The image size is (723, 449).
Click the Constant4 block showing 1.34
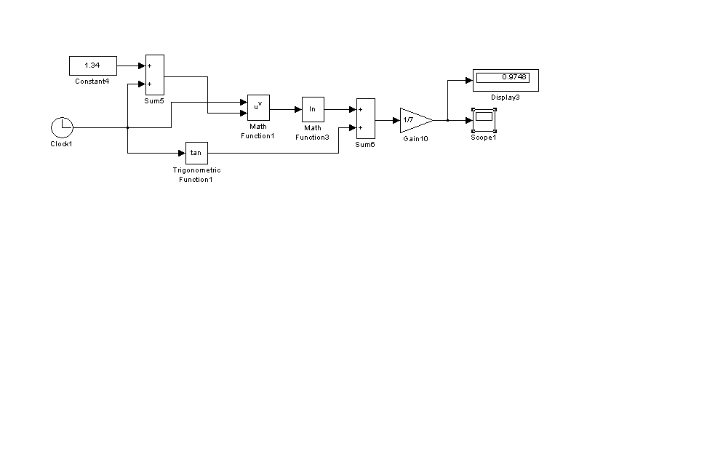92,65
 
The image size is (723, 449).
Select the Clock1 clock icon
62,127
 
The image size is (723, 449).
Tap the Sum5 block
154,74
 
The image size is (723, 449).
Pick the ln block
313,109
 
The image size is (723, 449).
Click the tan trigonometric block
196,153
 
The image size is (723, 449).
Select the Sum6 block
365,119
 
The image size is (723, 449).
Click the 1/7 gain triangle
414,119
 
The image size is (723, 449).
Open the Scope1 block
484,119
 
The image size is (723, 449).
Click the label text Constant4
92,82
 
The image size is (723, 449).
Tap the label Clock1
61,144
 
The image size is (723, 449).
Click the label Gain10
415,138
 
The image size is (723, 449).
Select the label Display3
506,98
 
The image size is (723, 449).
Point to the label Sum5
154,101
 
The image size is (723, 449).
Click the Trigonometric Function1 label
196,175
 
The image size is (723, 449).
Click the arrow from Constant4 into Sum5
132,65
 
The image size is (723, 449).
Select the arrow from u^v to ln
286,109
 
